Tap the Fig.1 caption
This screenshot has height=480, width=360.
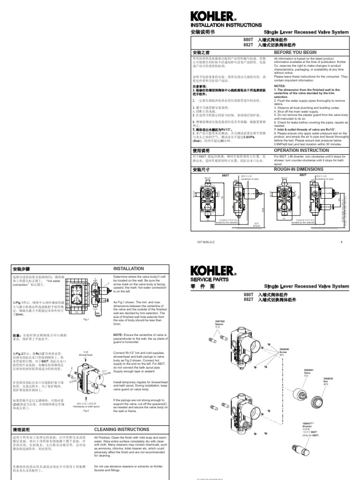tap(86, 319)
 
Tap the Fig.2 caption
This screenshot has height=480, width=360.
tap(86, 411)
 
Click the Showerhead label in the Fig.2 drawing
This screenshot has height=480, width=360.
tap(86, 354)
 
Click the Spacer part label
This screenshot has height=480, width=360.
tap(220, 323)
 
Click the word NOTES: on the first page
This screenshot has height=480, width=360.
tap(279, 86)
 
